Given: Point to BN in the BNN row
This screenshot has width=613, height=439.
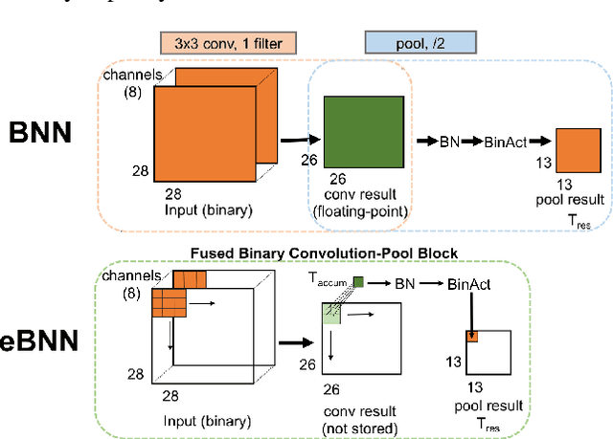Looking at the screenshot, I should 448,142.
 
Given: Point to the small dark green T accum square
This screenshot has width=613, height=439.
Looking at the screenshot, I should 357,281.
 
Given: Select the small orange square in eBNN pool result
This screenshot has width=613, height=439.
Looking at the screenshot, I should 472,336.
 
